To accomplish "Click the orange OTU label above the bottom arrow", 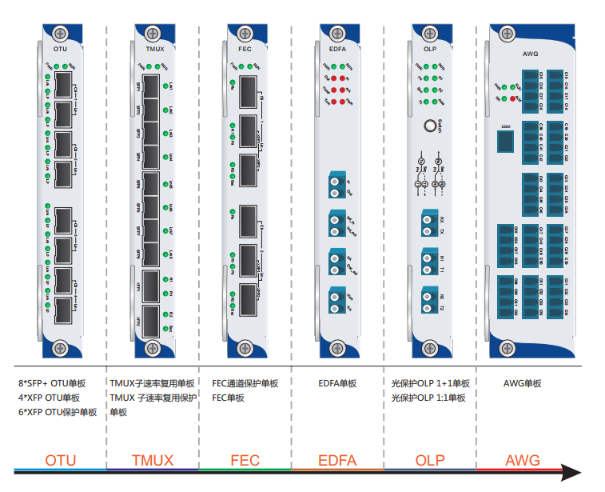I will [x=61, y=461].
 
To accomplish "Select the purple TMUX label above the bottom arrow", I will [x=152, y=461].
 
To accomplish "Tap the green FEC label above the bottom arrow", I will [x=245, y=461].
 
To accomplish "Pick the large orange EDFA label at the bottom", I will [x=337, y=461].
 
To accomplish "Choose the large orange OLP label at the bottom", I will [x=430, y=461].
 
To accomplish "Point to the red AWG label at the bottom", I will [x=523, y=461].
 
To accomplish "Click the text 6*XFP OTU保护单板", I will [x=58, y=412].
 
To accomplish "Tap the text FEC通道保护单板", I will [x=245, y=384].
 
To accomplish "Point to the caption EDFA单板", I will [x=337, y=384].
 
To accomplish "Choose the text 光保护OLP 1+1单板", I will [x=431, y=384].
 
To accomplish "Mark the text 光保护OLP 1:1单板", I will [x=429, y=398].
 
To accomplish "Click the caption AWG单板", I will [x=523, y=384].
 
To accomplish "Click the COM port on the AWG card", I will [x=505, y=141].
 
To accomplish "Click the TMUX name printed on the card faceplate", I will [x=153, y=50].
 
